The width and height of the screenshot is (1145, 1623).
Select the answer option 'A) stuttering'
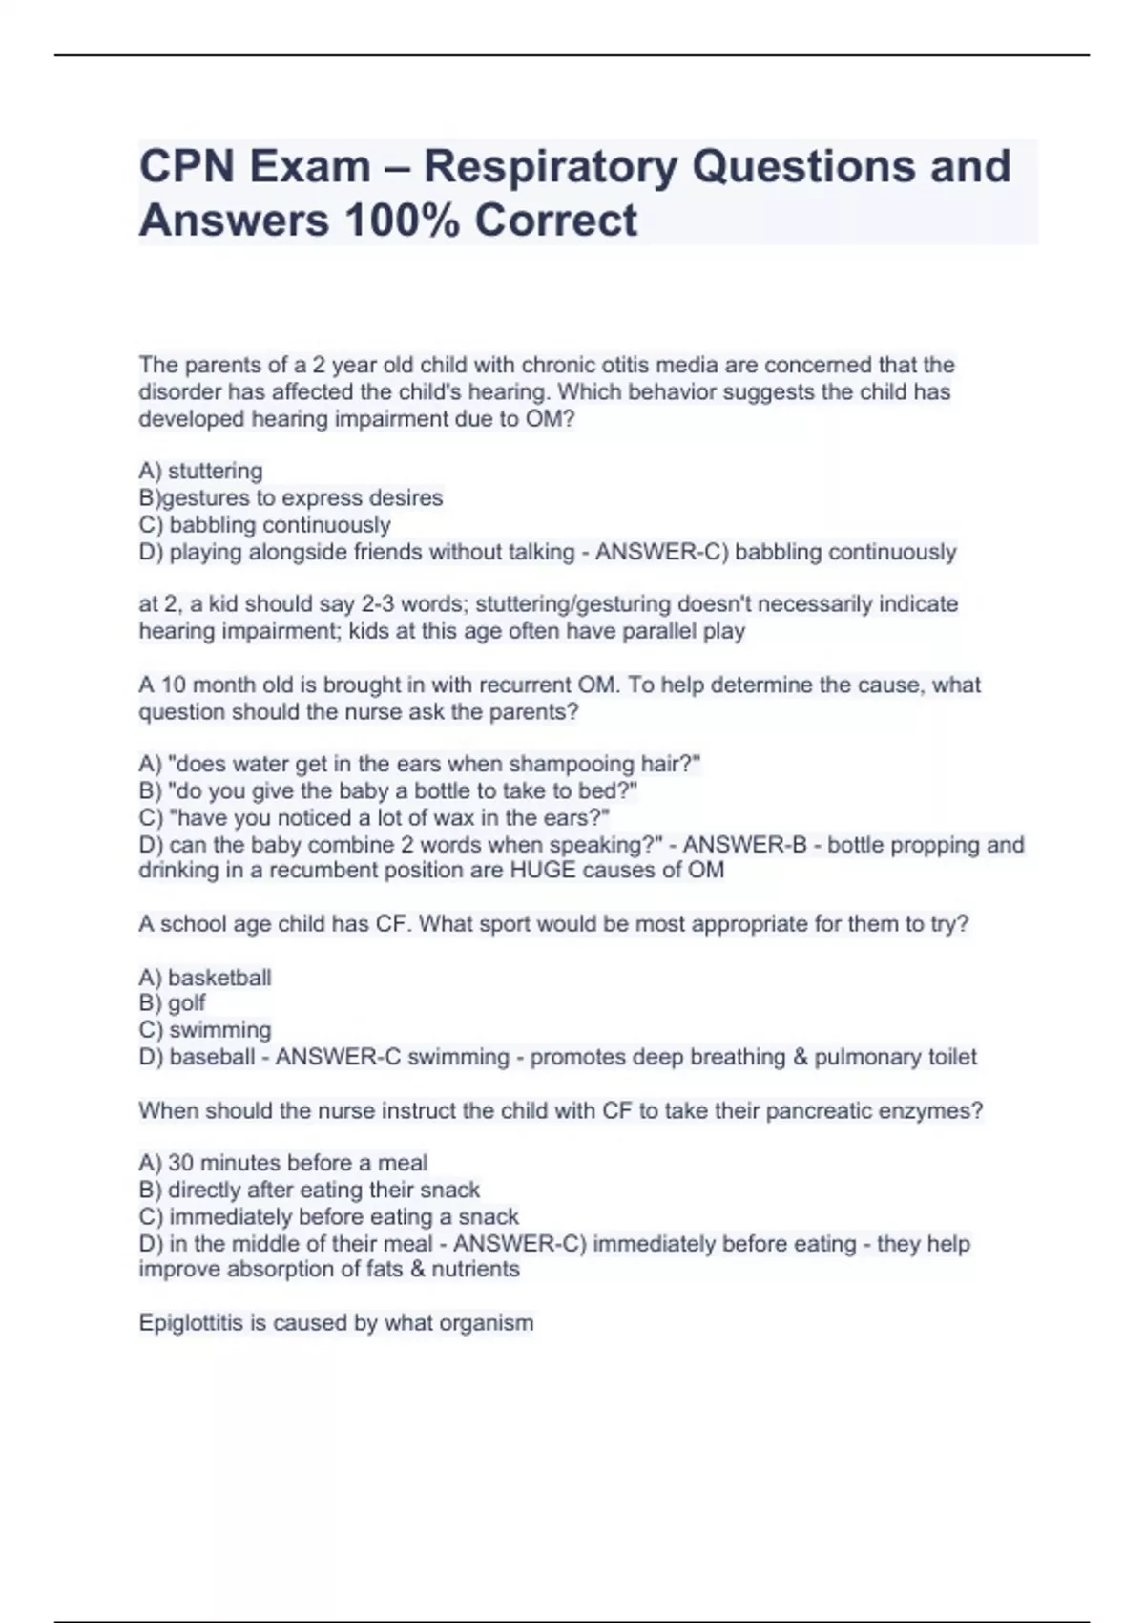coord(200,471)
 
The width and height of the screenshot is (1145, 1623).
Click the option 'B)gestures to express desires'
coord(291,497)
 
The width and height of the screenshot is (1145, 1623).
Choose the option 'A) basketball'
coord(205,977)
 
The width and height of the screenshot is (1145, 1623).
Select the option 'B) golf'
coord(173,1002)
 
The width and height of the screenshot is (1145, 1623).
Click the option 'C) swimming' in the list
coord(205,1030)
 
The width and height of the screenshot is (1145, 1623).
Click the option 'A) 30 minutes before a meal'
coord(282,1163)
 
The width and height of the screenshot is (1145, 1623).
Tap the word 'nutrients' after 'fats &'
coord(475,1269)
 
